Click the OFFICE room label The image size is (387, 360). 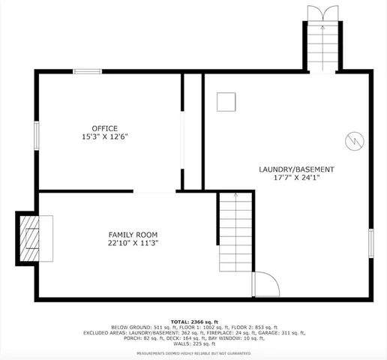point(104,128)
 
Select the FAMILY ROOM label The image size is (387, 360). point(133,234)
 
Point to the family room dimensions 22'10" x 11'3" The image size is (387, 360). point(133,243)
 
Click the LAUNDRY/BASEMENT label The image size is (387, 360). point(296,169)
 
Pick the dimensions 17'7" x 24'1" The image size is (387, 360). point(296,178)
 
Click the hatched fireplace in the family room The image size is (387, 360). point(31,238)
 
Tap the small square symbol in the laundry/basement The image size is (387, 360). point(226,101)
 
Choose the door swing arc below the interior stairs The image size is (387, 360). point(265,284)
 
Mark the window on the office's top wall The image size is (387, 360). point(87,71)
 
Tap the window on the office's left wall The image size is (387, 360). point(36,138)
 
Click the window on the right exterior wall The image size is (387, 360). point(370,244)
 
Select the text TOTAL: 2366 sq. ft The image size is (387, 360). point(193,320)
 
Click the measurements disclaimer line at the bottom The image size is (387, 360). point(193,352)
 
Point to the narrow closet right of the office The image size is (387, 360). point(193,131)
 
